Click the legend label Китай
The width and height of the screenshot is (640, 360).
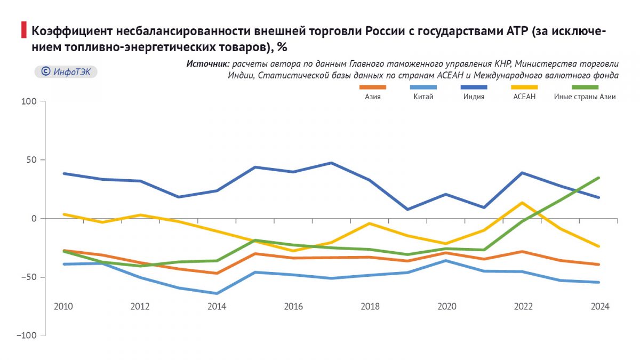pyautogui.click(x=423, y=97)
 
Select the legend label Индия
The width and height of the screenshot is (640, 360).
pyautogui.click(x=474, y=97)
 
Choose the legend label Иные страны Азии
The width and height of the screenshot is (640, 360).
pyautogui.click(x=585, y=97)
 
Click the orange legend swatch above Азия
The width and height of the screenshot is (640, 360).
pyautogui.click(x=373, y=87)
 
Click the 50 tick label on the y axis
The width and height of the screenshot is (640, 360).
pyautogui.click(x=31, y=160)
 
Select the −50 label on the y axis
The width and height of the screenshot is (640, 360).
pyautogui.click(x=29, y=277)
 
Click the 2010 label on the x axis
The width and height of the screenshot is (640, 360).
pyautogui.click(x=63, y=307)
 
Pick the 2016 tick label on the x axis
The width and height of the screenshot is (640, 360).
pyautogui.click(x=293, y=307)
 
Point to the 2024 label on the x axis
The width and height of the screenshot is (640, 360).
pyautogui.click(x=599, y=307)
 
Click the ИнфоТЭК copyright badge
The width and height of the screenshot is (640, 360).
pyautogui.click(x=66, y=71)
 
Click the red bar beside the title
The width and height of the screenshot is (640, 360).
pyautogui.click(x=23, y=30)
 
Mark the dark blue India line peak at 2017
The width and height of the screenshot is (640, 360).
pyautogui.click(x=331, y=163)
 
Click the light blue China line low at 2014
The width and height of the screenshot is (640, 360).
pyautogui.click(x=217, y=293)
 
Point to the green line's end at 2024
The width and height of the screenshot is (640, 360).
pyautogui.click(x=599, y=178)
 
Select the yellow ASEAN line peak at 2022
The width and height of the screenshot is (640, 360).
pyautogui.click(x=522, y=203)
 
